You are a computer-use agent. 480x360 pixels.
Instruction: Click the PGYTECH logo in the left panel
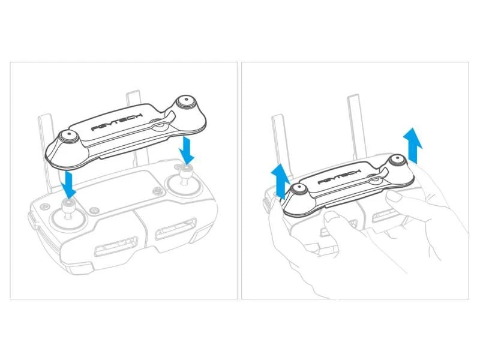pyautogui.click(x=117, y=122)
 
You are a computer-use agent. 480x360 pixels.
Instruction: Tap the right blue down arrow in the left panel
pyautogui.click(x=187, y=151)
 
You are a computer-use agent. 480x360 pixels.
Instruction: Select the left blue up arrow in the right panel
pyautogui.click(x=280, y=181)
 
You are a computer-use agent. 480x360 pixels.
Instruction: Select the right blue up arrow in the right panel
pyautogui.click(x=413, y=145)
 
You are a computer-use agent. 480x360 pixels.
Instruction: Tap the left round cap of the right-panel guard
pyautogui.click(x=298, y=189)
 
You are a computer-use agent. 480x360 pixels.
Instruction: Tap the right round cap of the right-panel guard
pyautogui.click(x=398, y=160)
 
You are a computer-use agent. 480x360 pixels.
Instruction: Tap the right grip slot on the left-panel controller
pyautogui.click(x=176, y=229)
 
